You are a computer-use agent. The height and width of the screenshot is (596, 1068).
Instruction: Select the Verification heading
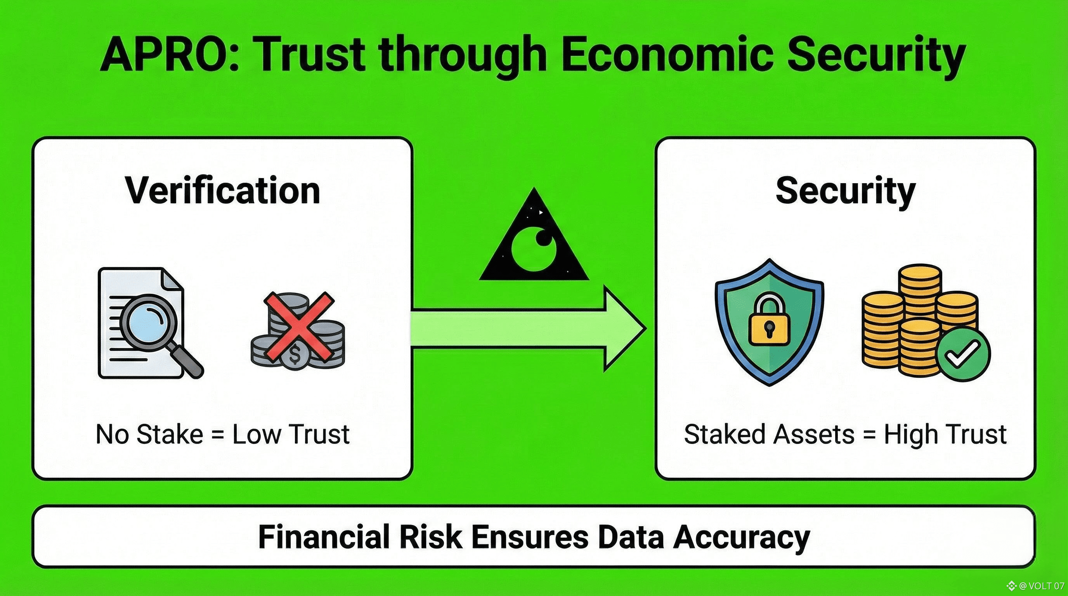tap(223, 191)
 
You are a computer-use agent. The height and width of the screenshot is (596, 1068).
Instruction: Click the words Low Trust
tap(291, 434)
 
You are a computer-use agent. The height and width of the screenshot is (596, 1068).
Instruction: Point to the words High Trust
tap(945, 434)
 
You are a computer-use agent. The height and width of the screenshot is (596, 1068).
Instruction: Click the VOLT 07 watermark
tap(1040, 586)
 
